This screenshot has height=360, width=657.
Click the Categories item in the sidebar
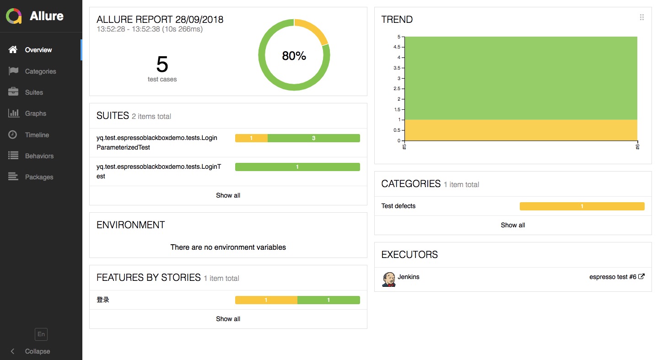tap(40, 71)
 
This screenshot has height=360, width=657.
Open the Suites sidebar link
tap(34, 92)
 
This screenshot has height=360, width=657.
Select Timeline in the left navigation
tap(37, 135)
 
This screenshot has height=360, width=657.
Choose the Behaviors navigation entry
tap(39, 156)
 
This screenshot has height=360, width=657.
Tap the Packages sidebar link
tap(39, 177)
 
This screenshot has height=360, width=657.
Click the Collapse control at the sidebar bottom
tap(37, 351)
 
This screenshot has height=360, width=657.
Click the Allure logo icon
tap(14, 16)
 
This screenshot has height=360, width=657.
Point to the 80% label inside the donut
tap(294, 56)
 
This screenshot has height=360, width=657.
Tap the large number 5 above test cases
tap(162, 64)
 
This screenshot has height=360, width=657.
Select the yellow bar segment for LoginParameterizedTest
tap(251, 138)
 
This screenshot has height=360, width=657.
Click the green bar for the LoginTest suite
tap(297, 167)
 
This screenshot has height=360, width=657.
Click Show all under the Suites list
tap(228, 195)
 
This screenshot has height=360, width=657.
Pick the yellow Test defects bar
tap(582, 206)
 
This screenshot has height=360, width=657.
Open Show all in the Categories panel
tap(513, 225)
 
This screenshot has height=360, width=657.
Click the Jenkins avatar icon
tap(388, 279)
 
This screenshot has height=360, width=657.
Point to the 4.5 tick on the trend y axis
tap(396, 47)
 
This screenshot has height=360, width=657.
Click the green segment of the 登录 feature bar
tap(328, 300)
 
